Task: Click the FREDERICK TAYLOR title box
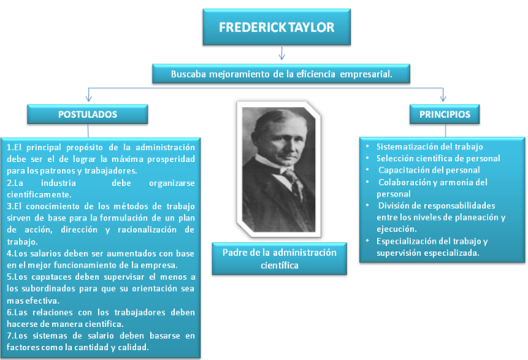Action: click(x=276, y=28)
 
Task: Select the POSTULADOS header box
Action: click(x=87, y=113)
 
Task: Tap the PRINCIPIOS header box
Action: click(x=445, y=113)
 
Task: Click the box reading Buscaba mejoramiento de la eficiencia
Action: click(x=280, y=73)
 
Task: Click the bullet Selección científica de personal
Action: click(x=437, y=158)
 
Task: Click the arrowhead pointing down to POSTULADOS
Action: click(x=87, y=98)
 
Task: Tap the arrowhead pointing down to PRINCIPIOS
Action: click(x=444, y=98)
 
